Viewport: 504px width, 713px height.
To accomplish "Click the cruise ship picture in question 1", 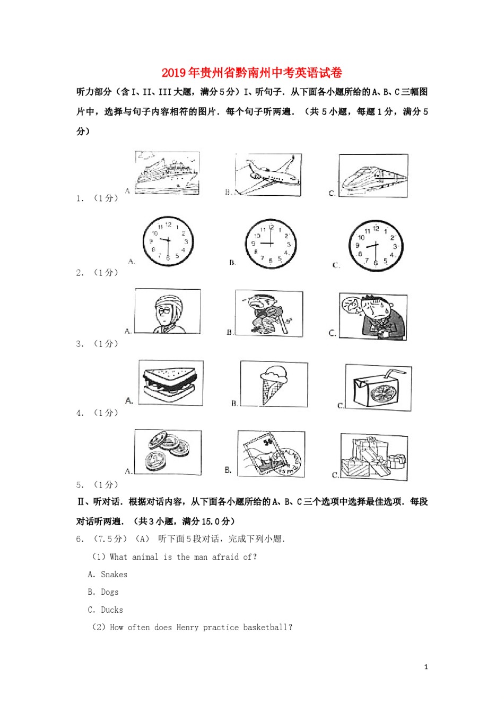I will (167, 173).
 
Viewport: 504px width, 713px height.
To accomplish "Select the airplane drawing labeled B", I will (268, 175).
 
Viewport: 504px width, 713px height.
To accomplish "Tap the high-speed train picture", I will (373, 176).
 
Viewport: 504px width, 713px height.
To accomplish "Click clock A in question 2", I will (168, 242).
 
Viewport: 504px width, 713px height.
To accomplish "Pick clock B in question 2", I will (271, 244).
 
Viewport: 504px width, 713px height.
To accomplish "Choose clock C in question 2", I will (376, 246).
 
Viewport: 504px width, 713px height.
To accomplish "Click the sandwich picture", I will (170, 383).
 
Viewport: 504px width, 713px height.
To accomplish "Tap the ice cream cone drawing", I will (274, 384).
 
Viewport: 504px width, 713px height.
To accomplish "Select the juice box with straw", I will (378, 388).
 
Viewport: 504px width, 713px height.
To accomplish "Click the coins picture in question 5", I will (168, 452).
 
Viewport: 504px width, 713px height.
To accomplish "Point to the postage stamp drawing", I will (271, 454).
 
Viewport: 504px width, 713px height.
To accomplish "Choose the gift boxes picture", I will (374, 457).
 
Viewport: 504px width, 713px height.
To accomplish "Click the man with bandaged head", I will (168, 311).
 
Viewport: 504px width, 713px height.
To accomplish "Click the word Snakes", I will (114, 575).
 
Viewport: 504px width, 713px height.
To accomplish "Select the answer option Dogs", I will (110, 592).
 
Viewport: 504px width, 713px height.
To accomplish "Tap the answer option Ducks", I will (112, 610).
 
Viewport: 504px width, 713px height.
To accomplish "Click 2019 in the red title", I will (174, 73).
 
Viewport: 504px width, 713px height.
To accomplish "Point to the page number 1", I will (426, 667).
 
